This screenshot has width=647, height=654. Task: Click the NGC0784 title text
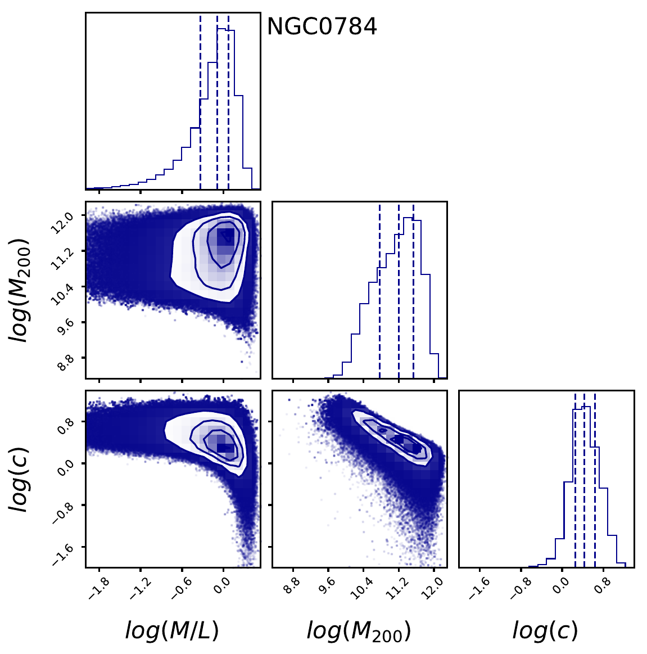click(x=322, y=26)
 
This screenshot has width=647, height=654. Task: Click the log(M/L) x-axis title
click(x=171, y=630)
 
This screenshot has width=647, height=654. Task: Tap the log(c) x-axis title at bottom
click(x=545, y=630)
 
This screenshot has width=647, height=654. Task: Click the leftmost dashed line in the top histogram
click(x=200, y=101)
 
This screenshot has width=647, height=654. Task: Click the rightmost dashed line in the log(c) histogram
click(x=595, y=478)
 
